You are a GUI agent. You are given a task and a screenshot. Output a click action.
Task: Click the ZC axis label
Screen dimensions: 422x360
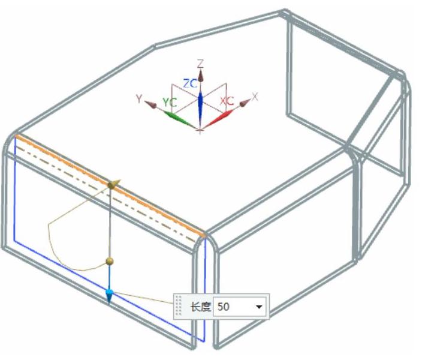coord(190,84)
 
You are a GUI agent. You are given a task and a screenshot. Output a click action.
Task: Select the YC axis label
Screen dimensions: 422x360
coord(170,102)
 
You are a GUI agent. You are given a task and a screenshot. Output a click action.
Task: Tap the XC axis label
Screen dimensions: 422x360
coord(227,101)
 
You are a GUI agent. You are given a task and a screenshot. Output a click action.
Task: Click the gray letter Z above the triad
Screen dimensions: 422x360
coord(200,64)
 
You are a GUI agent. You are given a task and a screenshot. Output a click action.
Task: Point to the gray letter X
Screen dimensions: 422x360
coord(255,96)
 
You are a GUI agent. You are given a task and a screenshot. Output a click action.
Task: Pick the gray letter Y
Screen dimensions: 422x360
coord(139,99)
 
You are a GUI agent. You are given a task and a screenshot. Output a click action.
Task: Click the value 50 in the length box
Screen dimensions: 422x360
coord(224,307)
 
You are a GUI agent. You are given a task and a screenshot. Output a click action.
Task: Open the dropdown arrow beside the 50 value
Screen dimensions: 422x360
coord(259,307)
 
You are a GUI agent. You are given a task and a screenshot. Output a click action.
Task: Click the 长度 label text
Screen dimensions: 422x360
coord(200,307)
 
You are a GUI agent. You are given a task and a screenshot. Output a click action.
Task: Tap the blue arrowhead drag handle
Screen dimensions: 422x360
coord(109,296)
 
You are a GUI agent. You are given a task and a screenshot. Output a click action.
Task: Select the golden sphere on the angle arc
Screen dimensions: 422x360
coord(110,261)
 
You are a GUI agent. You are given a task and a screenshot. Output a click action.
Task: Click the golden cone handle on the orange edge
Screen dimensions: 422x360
coord(114,184)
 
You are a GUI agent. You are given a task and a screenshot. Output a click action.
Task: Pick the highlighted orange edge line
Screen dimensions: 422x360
coord(110,185)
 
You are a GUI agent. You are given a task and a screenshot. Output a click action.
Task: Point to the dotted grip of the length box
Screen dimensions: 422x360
coord(179,305)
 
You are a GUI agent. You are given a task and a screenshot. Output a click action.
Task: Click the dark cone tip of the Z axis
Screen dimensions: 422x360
coord(200,76)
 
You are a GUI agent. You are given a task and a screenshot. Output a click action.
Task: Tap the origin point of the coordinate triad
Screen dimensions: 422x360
coord(200,131)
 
